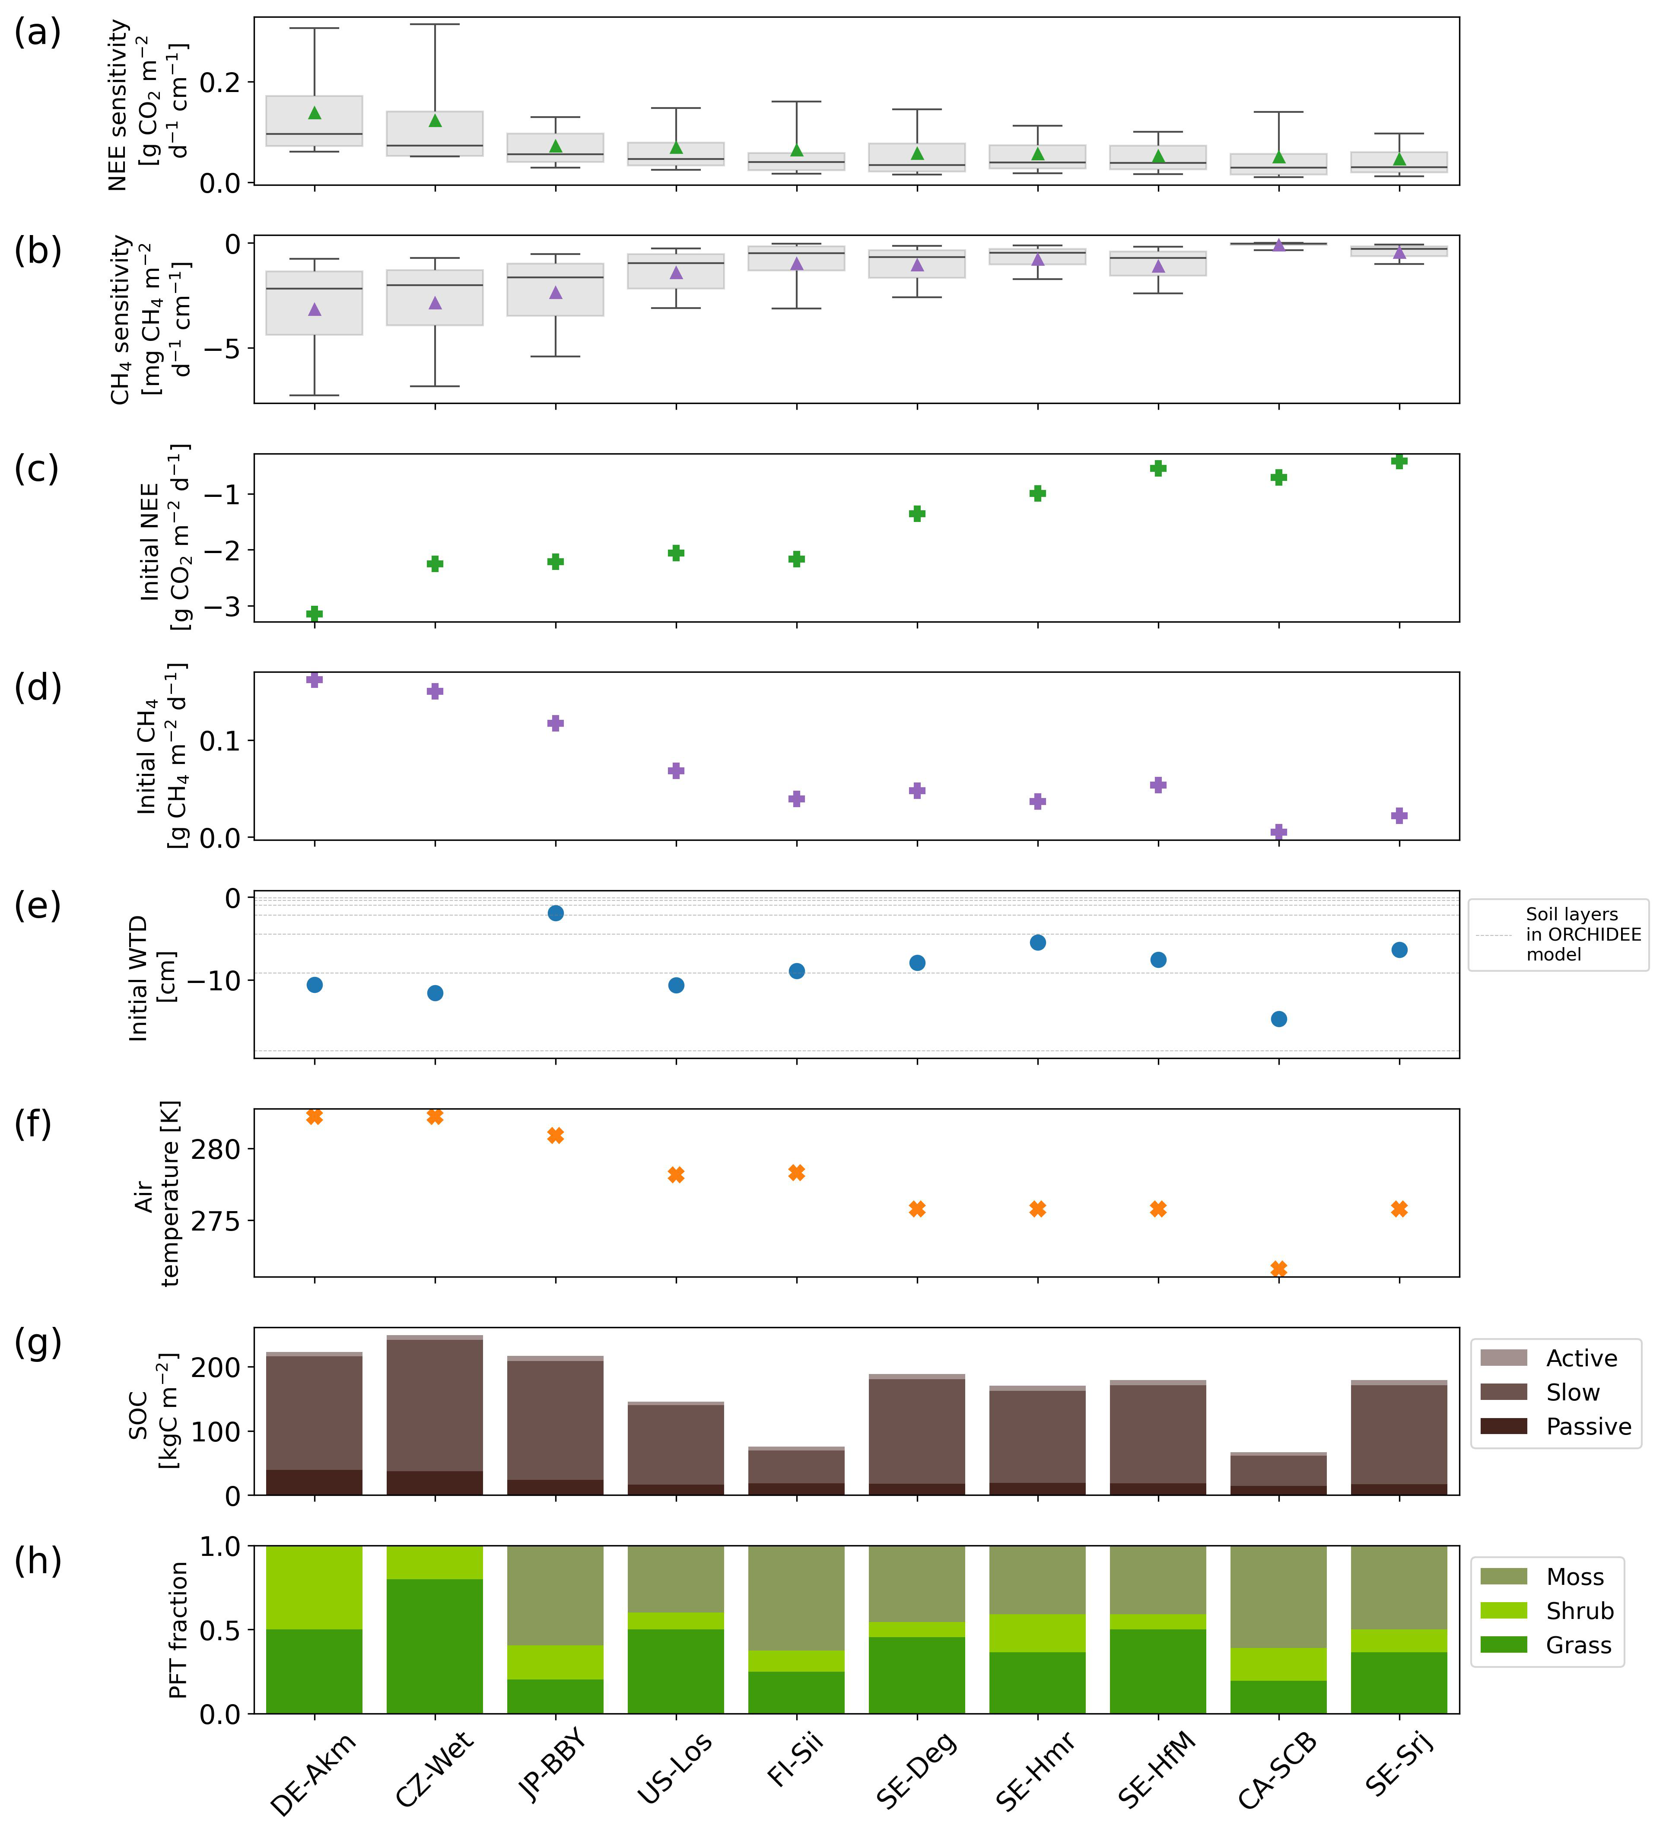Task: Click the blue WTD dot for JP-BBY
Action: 555,913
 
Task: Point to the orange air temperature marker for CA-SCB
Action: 1278,1269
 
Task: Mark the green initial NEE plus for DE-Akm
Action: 315,614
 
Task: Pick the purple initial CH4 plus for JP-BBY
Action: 555,723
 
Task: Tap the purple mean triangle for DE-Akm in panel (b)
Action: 315,310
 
